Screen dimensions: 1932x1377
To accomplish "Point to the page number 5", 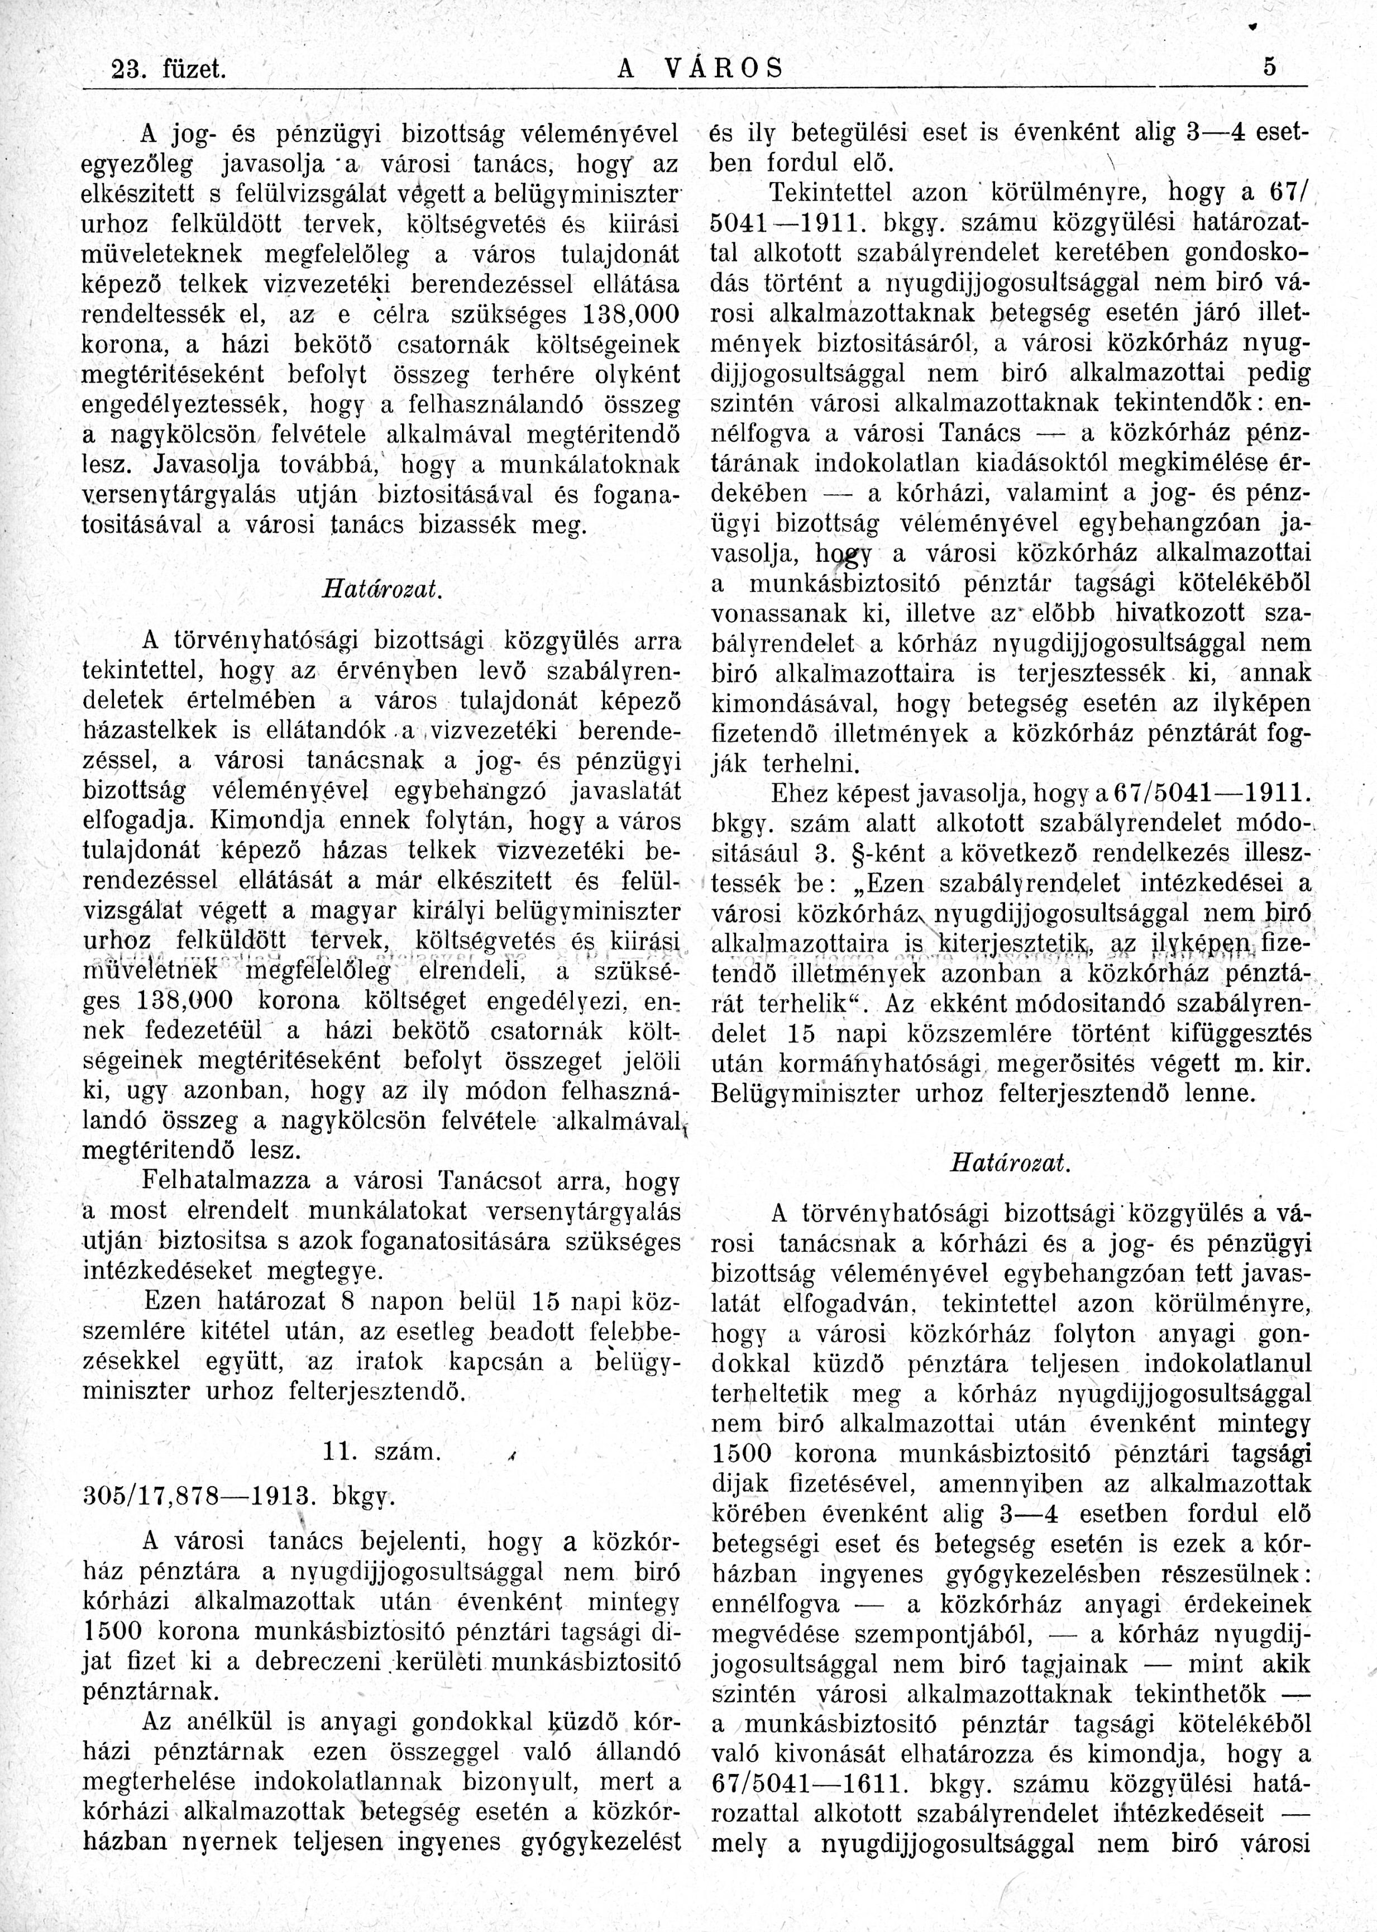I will coord(1269,67).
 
